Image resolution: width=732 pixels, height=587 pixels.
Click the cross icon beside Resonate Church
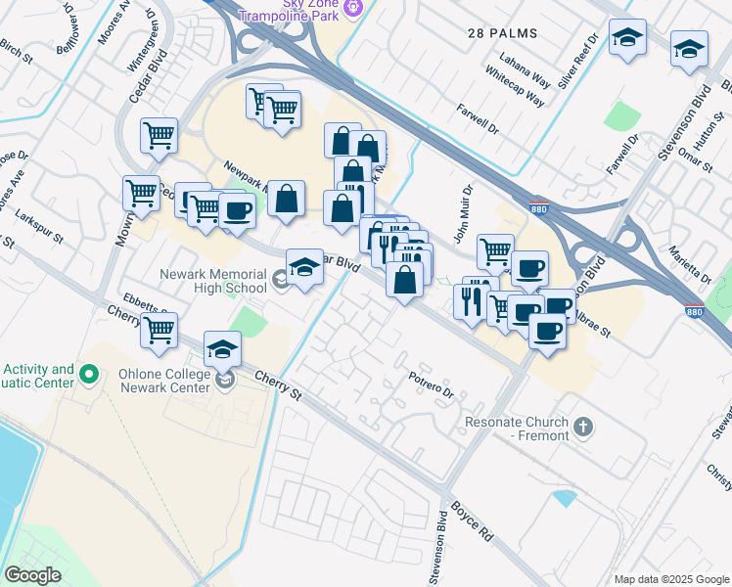tap(583, 427)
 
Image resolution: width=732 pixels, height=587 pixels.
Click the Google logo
tap(31, 575)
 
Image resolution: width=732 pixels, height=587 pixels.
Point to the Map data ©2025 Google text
tap(670, 578)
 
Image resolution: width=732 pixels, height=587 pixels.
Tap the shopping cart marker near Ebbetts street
tap(159, 331)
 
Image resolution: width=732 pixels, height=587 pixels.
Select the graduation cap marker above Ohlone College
tap(223, 348)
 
